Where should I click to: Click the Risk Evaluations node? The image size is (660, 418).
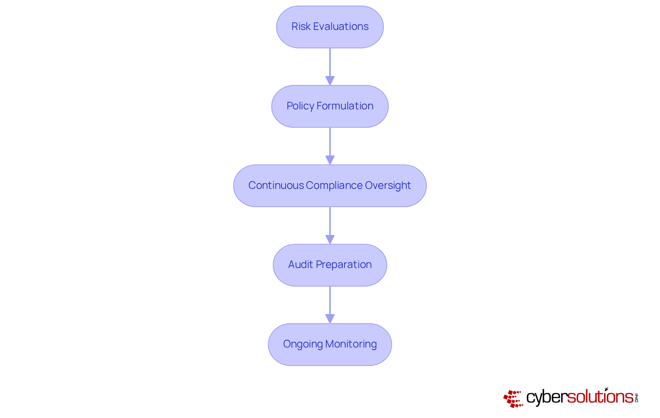[x=330, y=27]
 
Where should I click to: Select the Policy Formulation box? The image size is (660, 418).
[x=330, y=106]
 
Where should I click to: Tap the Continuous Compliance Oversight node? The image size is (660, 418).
[x=330, y=186]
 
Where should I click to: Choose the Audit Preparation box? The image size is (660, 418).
[x=330, y=265]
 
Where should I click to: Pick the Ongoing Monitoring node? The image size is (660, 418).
[x=330, y=344]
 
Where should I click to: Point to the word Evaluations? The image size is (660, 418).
[x=341, y=26]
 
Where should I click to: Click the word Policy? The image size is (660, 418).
[x=300, y=106]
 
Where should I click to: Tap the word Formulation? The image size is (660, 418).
[x=345, y=106]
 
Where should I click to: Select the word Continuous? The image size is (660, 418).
[x=276, y=185]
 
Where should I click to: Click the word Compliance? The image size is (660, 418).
[x=334, y=185]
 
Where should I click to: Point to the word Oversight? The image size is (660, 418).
[x=388, y=185]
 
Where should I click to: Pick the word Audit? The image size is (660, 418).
[x=300, y=265]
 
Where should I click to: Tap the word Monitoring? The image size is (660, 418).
[x=351, y=344]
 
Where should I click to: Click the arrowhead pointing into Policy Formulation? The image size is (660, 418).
[x=330, y=81]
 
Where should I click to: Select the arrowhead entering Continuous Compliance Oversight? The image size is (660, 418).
[x=330, y=160]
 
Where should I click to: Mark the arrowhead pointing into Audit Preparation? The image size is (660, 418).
[x=330, y=239]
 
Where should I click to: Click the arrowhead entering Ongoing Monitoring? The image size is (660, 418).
[x=330, y=319]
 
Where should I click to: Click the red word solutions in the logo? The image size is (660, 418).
[x=600, y=397]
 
